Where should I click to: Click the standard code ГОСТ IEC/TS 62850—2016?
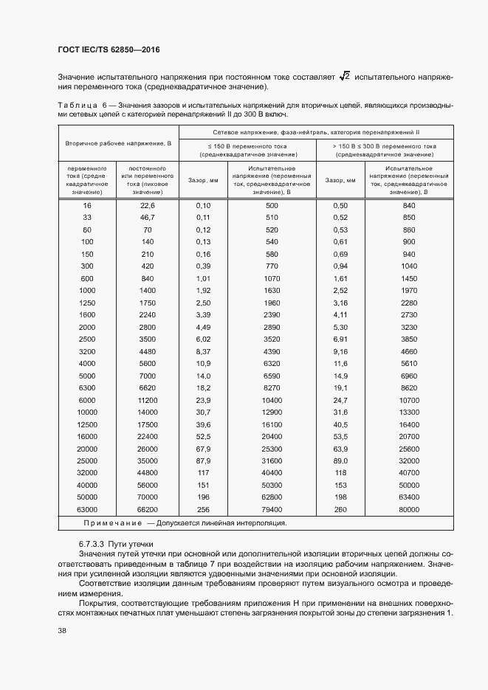coord(109,49)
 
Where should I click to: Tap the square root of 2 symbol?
coord(344,77)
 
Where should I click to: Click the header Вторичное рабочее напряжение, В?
coord(118,142)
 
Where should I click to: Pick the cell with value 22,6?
coord(148,205)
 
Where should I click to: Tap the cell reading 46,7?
coord(148,218)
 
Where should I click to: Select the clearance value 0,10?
coord(204,205)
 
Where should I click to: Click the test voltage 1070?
coord(272,278)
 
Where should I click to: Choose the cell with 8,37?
coord(204,351)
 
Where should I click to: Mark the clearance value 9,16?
coord(340,351)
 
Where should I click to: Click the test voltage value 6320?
coord(272,364)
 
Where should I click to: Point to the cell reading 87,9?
coord(204,461)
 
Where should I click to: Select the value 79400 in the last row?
coord(272,510)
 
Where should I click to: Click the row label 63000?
coord(87,510)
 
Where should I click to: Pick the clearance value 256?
coord(204,510)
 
